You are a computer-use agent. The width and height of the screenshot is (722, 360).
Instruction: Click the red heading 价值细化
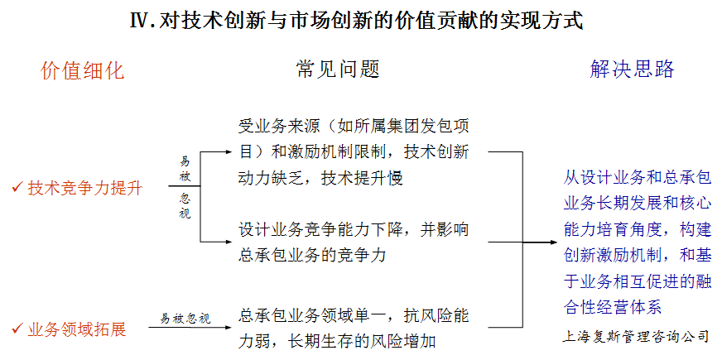(83, 71)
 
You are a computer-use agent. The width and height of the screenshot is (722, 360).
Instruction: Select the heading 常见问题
(338, 70)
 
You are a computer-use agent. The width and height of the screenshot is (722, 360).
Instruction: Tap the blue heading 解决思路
(632, 70)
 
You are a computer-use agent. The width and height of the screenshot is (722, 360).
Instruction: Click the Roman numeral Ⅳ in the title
(140, 21)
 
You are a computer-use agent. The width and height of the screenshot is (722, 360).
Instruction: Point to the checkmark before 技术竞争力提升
(17, 187)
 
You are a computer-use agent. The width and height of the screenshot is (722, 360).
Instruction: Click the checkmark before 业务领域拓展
(17, 329)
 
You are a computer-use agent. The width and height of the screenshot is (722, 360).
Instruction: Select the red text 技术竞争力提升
(85, 188)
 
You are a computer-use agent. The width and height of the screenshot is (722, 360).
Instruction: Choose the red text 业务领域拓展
(77, 329)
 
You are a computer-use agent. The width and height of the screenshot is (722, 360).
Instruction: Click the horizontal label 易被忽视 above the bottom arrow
(185, 318)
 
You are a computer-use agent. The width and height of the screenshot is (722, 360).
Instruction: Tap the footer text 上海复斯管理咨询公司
(635, 336)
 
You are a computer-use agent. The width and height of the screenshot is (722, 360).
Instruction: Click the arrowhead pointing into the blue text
(555, 242)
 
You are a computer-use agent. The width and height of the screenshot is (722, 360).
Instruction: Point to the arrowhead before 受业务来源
(229, 151)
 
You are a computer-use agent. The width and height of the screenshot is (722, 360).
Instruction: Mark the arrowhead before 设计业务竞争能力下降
(229, 242)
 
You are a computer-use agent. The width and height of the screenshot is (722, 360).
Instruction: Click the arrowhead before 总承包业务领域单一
(229, 328)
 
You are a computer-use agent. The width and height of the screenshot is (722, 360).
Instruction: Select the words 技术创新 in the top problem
(436, 151)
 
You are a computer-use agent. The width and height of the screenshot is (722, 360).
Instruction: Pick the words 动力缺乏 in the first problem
(272, 178)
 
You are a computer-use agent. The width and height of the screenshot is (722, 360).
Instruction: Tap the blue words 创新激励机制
(613, 255)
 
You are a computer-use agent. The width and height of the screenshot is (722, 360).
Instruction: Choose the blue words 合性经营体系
(613, 306)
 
